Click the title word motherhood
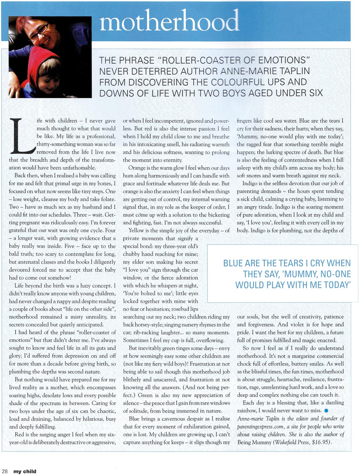[x=169, y=21]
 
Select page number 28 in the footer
[x=5, y=471]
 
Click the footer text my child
[x=25, y=471]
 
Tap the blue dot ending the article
[x=326, y=411]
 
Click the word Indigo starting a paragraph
[x=251, y=184]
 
